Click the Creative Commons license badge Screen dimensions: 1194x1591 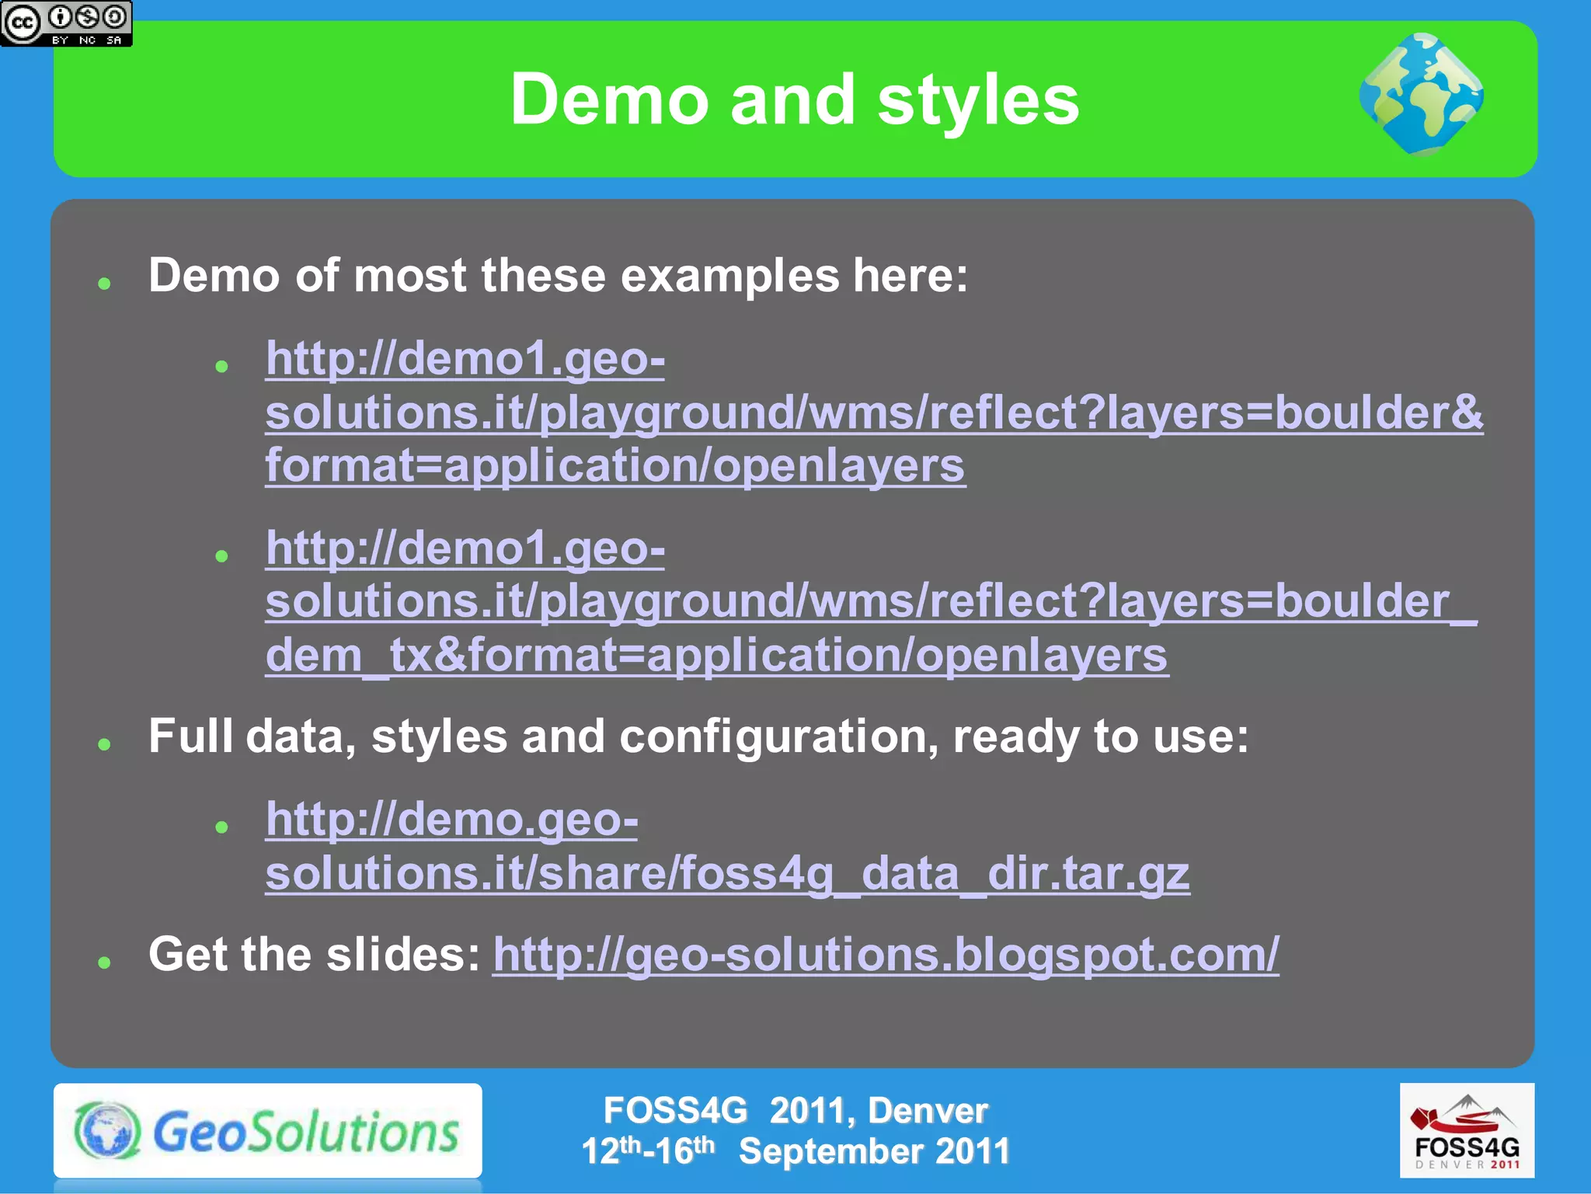point(66,23)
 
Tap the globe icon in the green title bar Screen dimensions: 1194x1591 point(1421,95)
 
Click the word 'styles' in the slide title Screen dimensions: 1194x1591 point(978,100)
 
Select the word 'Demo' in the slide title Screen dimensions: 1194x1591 point(610,100)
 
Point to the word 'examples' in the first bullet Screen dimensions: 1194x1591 point(730,276)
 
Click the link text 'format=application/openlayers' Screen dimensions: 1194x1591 point(615,466)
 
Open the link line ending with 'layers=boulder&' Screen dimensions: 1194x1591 point(874,413)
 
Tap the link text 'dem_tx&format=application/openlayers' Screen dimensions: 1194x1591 point(716,656)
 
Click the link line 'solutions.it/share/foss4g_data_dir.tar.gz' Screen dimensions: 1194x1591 point(727,874)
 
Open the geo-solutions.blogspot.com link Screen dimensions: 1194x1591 point(886,955)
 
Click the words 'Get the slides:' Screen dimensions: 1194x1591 point(315,955)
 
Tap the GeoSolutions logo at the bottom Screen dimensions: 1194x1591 point(267,1131)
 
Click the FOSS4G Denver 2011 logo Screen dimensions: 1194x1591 point(1467,1131)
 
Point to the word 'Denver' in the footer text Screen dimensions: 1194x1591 point(928,1111)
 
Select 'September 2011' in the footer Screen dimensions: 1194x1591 point(874,1151)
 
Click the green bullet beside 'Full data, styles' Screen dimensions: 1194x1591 point(105,745)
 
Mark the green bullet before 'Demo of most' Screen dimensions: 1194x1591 point(105,284)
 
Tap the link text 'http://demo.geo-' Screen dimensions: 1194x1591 point(451,820)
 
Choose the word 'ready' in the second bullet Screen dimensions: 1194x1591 point(1015,736)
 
